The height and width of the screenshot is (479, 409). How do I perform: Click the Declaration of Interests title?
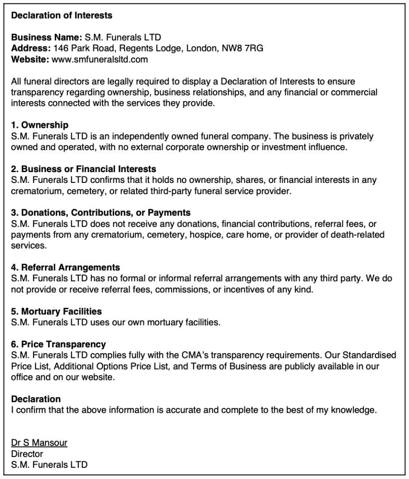pyautogui.click(x=61, y=15)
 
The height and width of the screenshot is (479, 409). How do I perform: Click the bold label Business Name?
pyautogui.click(x=46, y=37)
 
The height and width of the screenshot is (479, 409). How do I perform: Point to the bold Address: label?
pyautogui.click(x=31, y=48)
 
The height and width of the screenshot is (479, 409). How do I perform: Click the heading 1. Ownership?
pyautogui.click(x=40, y=125)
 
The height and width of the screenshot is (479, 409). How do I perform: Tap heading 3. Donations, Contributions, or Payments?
pyautogui.click(x=101, y=212)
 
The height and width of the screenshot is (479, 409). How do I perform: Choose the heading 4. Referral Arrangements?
pyautogui.click(x=66, y=268)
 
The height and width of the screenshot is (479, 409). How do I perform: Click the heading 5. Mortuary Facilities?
pyautogui.click(x=56, y=311)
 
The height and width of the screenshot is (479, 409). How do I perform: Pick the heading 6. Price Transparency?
pyautogui.click(x=58, y=344)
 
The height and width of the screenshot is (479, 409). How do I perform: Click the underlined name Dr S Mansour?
pyautogui.click(x=39, y=443)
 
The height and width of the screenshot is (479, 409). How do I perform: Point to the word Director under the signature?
pyautogui.click(x=27, y=454)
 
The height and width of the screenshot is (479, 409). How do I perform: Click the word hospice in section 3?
pyautogui.click(x=203, y=234)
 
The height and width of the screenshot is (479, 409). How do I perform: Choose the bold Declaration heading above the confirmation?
pyautogui.click(x=36, y=399)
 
